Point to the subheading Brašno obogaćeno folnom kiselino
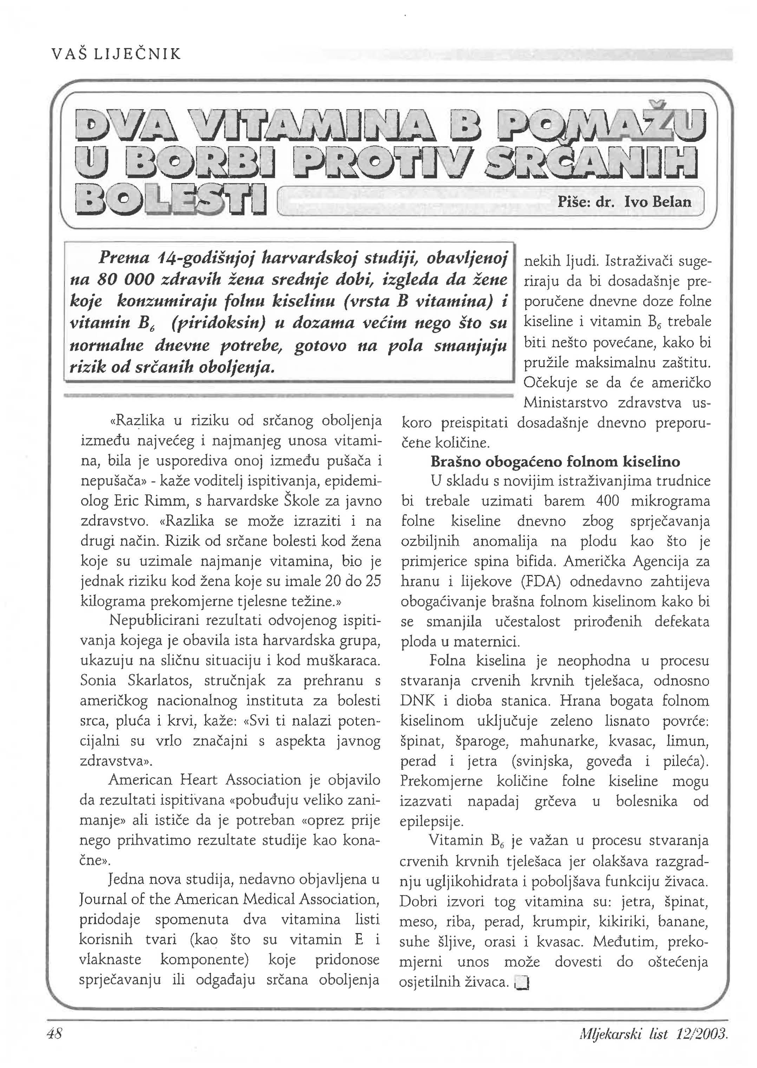[555, 462]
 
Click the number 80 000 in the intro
[125, 280]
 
